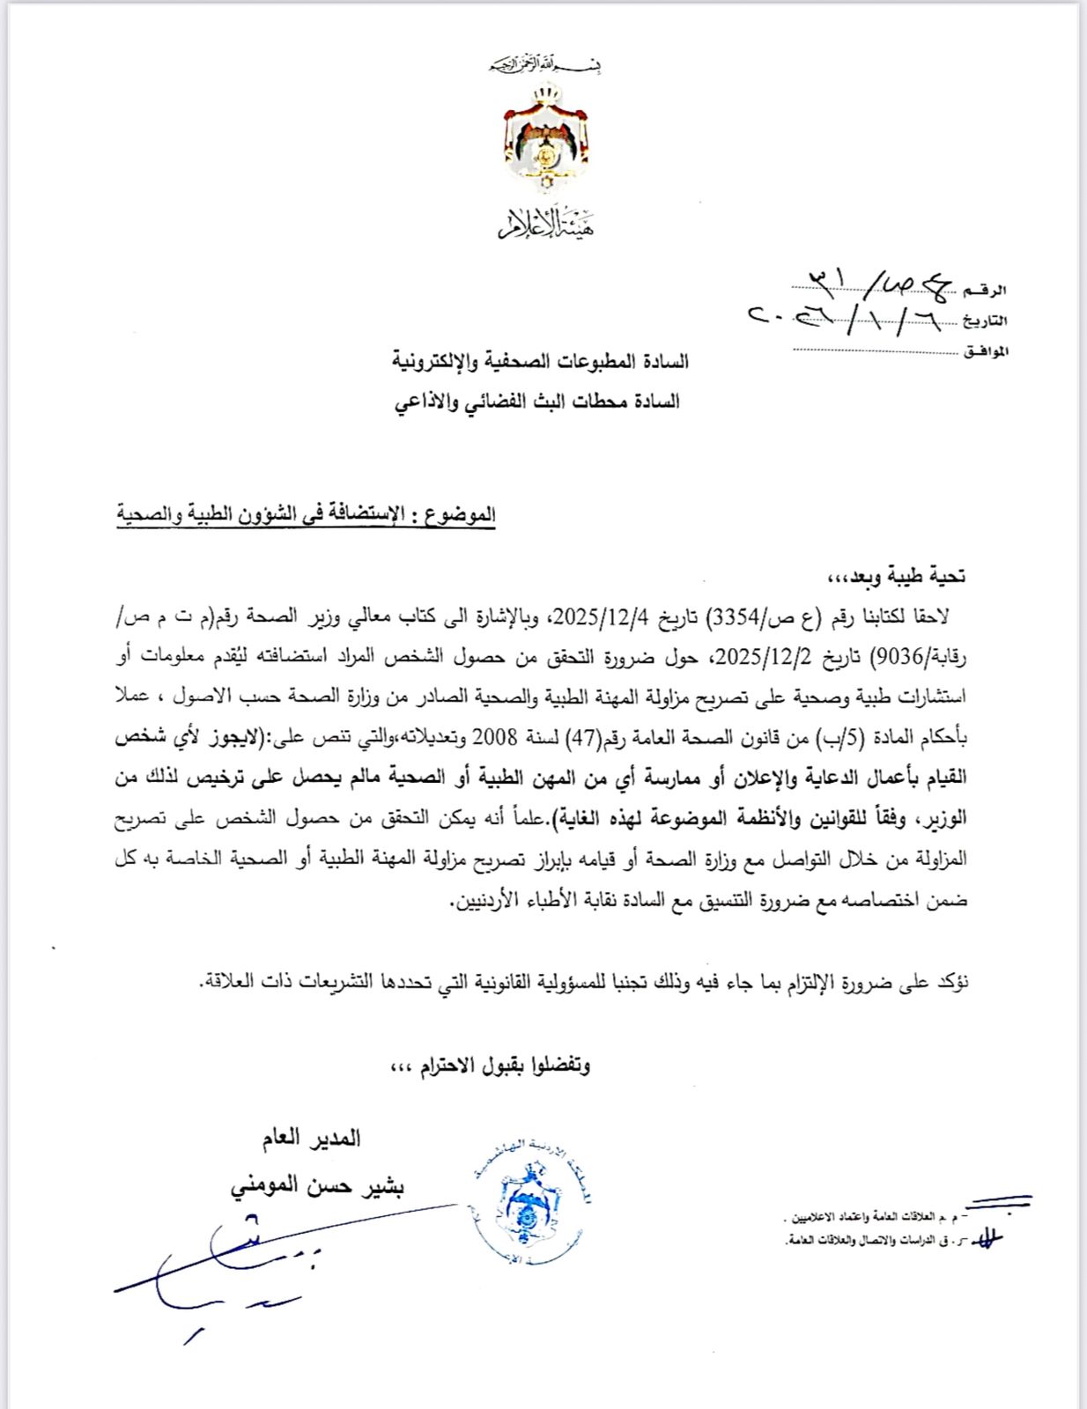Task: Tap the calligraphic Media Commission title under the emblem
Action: (545, 225)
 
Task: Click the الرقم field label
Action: (986, 290)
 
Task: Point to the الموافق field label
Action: (986, 351)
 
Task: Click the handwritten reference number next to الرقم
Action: (872, 283)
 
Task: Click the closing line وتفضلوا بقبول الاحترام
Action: (490, 1066)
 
